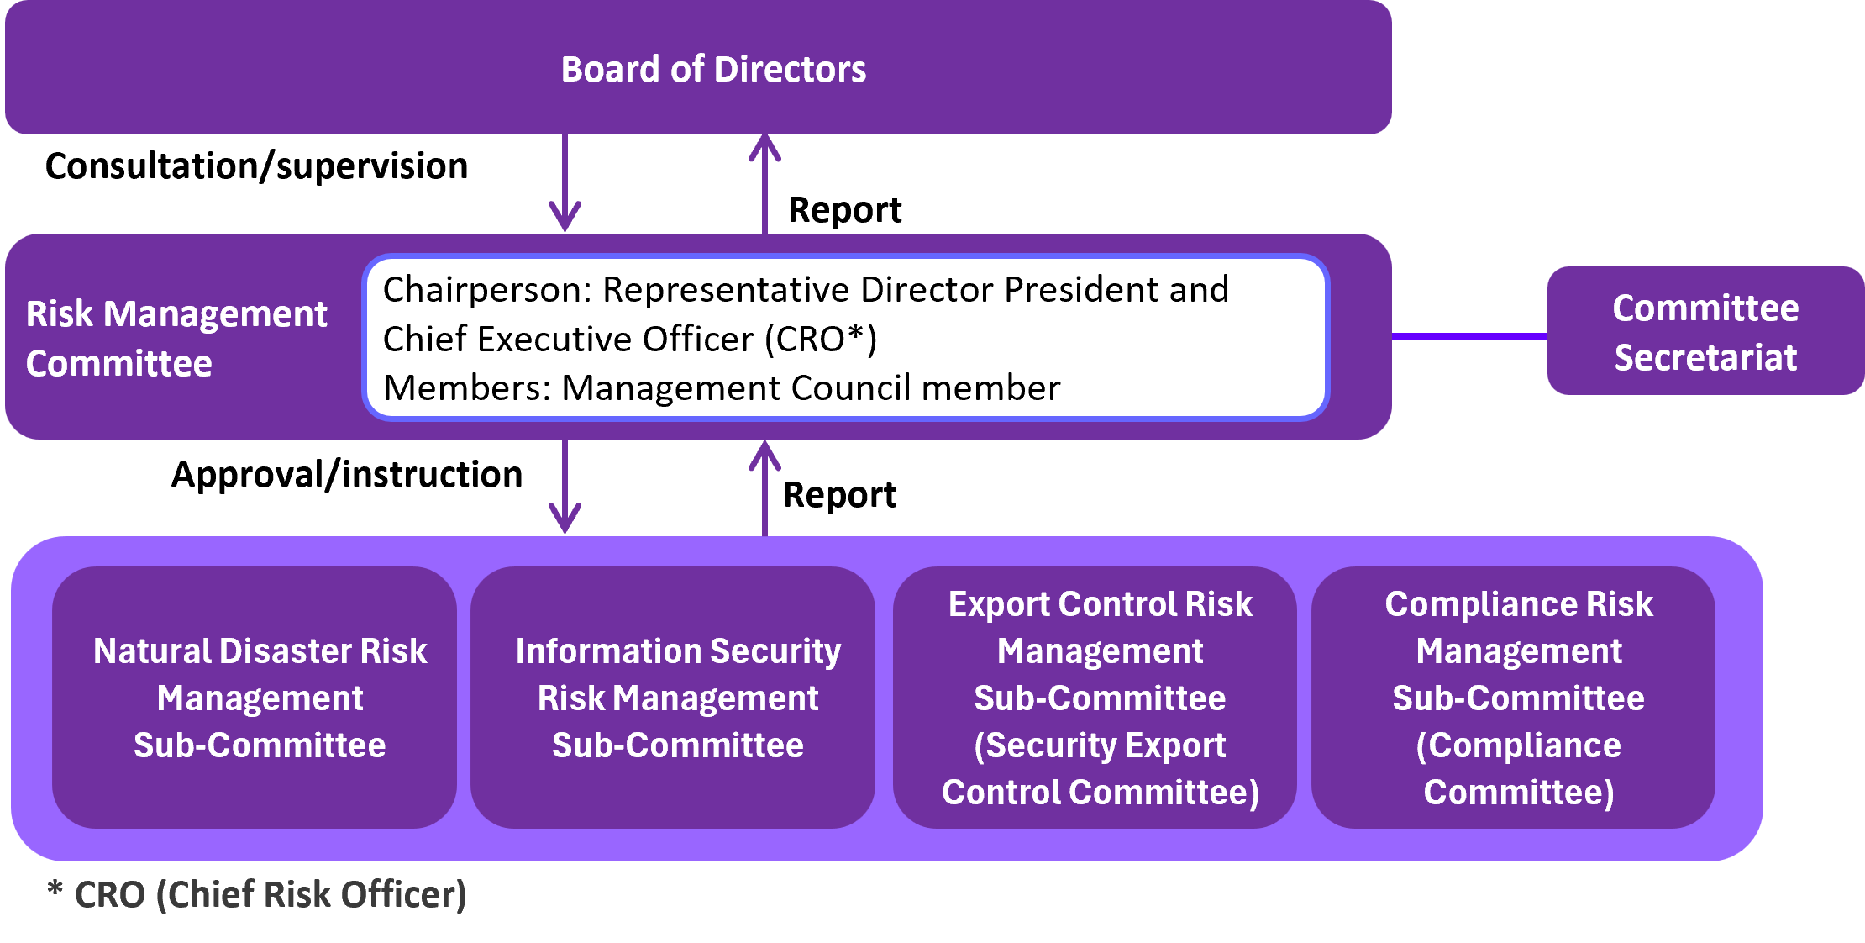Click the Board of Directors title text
click(713, 69)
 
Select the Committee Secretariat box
click(1705, 332)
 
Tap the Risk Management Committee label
click(176, 338)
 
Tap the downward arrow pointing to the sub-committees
click(565, 487)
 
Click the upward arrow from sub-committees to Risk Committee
click(764, 487)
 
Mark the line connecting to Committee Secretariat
click(1469, 336)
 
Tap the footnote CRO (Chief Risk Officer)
click(269, 894)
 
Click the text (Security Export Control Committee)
click(1101, 769)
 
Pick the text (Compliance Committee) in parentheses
click(1519, 769)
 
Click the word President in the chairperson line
click(1080, 290)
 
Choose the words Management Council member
click(811, 388)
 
